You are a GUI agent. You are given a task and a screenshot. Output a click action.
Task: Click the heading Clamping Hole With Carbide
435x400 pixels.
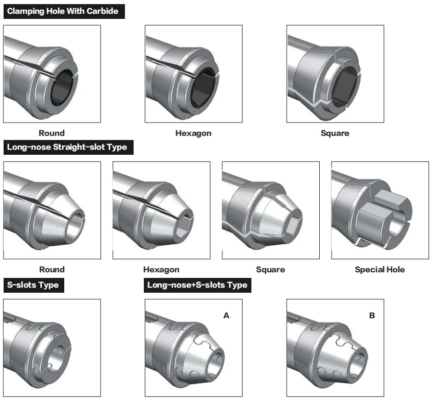pos(63,11)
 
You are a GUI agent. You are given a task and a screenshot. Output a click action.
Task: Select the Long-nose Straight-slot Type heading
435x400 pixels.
pos(67,147)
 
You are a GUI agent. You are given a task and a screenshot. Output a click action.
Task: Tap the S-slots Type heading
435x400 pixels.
pos(33,285)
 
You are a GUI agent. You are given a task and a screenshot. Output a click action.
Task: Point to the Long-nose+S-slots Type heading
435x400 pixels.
pos(197,285)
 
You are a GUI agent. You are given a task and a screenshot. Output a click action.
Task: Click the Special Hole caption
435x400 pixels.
pos(379,269)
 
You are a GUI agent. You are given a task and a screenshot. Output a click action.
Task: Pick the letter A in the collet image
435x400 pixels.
pos(226,316)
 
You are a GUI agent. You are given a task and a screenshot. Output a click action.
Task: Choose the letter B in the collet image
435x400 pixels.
pos(372,316)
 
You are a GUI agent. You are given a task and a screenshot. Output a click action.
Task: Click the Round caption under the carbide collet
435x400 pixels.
pos(52,133)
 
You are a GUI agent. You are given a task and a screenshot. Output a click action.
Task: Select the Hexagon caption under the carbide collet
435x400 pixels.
pos(193,133)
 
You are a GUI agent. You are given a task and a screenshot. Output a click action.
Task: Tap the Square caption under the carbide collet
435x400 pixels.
pos(335,133)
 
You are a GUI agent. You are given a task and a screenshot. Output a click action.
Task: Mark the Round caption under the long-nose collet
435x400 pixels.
pos(52,269)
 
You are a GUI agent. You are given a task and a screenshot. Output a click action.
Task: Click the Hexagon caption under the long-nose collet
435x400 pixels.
pos(161,269)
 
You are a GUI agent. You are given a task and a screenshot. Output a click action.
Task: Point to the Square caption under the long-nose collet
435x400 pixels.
pos(270,269)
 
